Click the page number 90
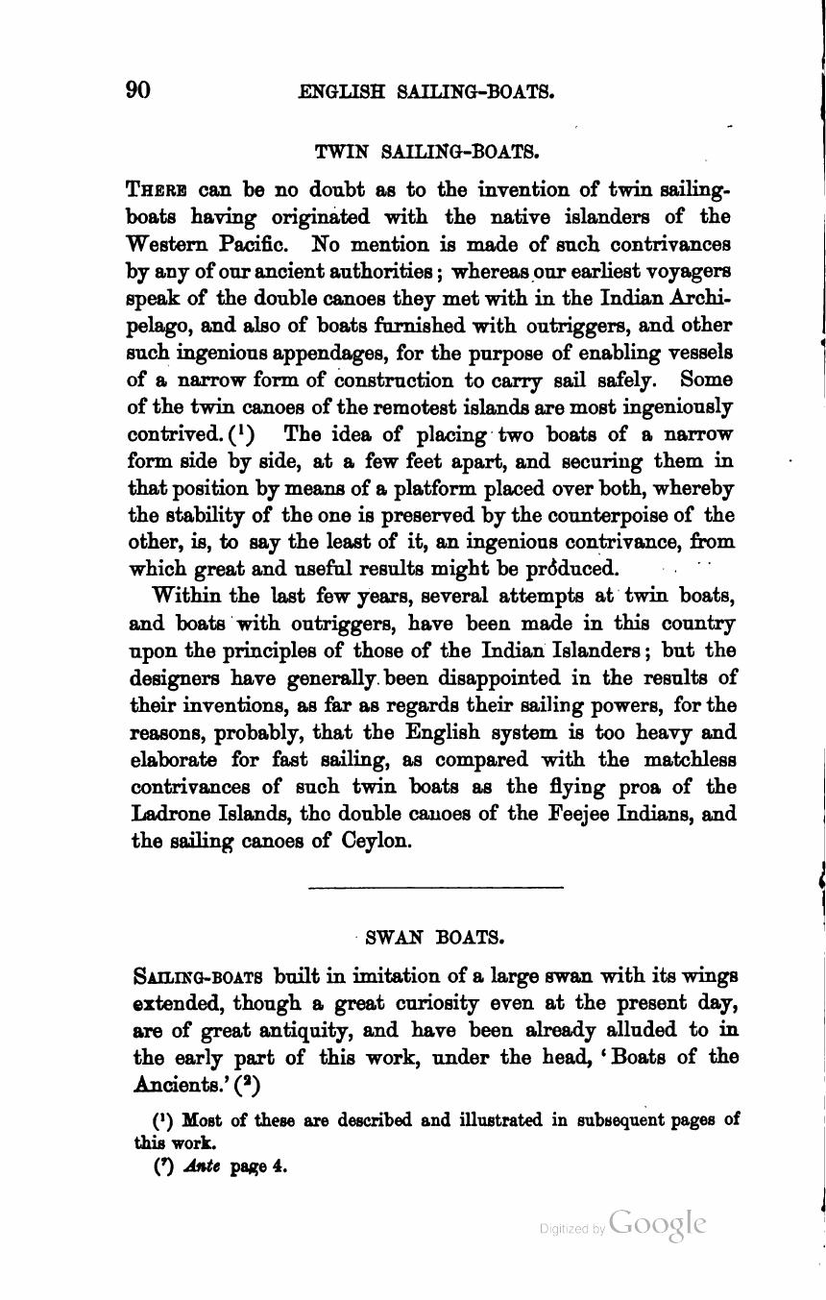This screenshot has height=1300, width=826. (138, 90)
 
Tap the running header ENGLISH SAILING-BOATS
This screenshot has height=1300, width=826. (426, 92)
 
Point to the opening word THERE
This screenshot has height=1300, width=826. (159, 189)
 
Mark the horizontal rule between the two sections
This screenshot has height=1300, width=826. (435, 887)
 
